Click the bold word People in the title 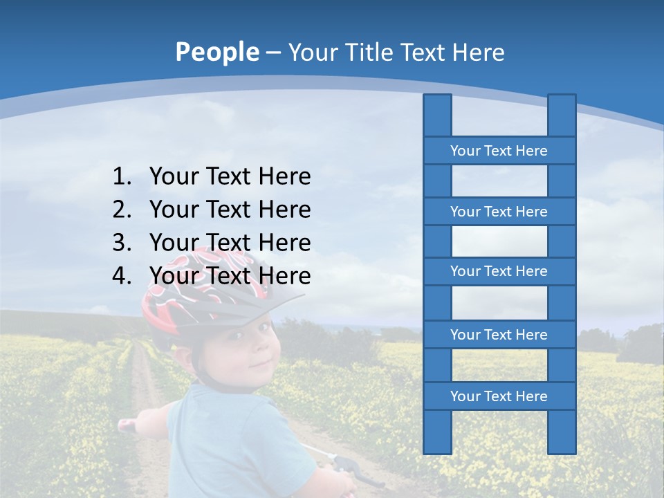coord(216,53)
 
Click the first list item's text coord(230,177)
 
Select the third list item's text coord(230,243)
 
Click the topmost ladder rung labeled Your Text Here coord(499,151)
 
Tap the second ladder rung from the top coord(499,212)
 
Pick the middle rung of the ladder coord(499,271)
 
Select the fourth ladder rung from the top coord(499,335)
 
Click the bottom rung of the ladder coord(499,396)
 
